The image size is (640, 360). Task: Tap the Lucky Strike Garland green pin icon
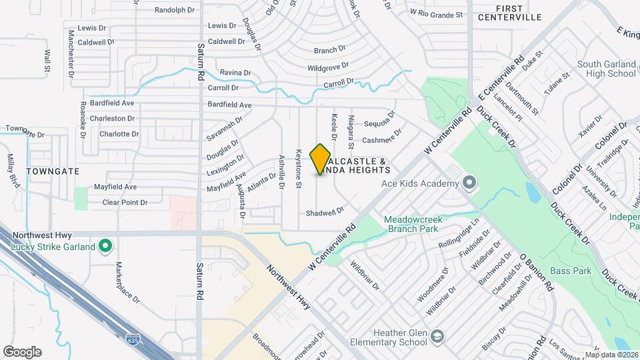105,247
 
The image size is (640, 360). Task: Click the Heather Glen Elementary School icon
437,335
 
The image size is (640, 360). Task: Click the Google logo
22,352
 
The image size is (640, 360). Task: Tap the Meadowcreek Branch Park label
411,225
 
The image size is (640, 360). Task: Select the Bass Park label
571,271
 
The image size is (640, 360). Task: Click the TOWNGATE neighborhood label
53,171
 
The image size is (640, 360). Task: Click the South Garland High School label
606,69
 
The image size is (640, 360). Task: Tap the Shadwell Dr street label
325,211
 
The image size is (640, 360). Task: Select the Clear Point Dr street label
125,202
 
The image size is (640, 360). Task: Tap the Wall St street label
47,60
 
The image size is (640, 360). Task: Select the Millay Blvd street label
11,168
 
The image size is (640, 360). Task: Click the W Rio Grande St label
436,14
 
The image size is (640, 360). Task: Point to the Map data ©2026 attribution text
611,355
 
